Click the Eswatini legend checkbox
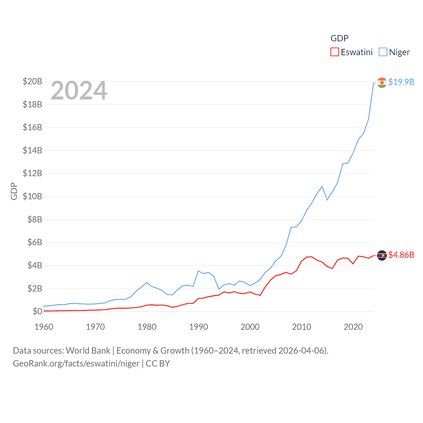334,52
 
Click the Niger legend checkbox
383,52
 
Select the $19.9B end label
401,82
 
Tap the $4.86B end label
401,255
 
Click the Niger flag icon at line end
382,82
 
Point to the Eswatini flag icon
382,255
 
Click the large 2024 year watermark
79,91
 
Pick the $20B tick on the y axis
32,81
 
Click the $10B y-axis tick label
32,196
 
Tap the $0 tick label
37,311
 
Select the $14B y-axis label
32,150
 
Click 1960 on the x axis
44,327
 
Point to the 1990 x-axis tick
199,327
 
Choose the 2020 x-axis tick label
353,327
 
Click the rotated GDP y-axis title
14,191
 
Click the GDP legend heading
339,38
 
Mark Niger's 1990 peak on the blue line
198,271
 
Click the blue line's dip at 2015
327,200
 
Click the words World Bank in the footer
88,351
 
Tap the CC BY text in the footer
158,364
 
